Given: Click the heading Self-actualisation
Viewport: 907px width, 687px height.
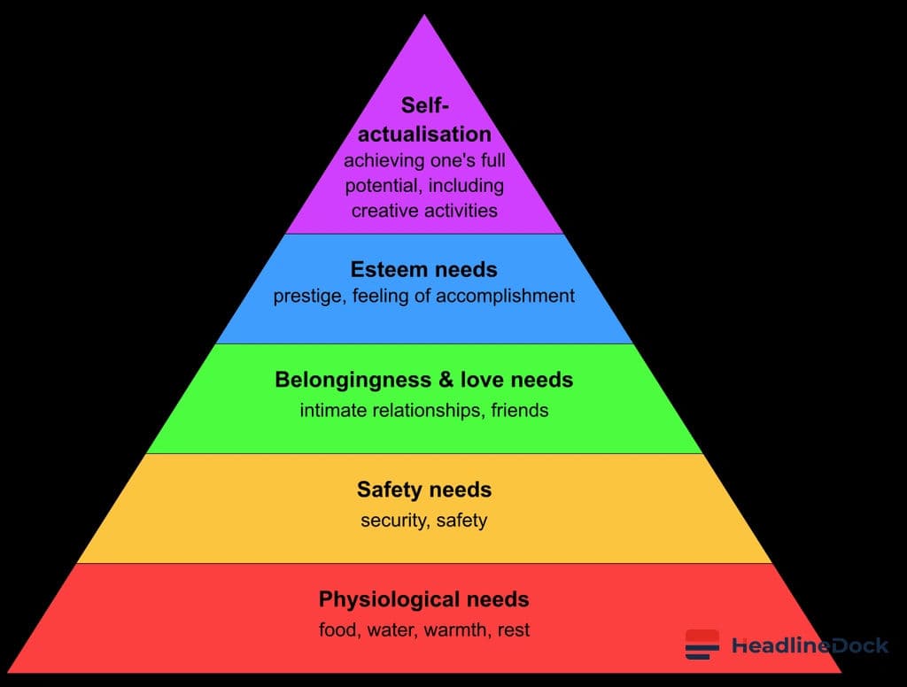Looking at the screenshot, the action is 424,120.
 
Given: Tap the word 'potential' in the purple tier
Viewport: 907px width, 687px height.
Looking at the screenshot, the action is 382,186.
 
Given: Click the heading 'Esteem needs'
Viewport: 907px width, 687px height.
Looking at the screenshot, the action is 424,269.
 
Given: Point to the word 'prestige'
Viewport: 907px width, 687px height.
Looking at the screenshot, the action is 307,297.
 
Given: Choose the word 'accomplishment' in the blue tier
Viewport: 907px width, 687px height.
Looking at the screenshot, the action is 505,296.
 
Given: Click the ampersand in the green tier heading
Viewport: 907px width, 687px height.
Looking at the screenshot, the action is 446,380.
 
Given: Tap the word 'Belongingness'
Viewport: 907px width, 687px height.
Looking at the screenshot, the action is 353,381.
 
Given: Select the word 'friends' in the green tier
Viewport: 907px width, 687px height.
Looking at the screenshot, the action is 519,410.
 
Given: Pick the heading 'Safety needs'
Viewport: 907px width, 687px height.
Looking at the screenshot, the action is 424,490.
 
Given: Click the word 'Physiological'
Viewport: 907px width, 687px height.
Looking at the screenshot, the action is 390,599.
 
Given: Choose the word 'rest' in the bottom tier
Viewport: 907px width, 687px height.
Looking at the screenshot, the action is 514,630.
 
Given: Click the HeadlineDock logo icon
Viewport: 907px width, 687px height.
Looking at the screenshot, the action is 702,645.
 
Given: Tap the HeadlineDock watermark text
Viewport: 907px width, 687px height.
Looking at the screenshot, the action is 810,645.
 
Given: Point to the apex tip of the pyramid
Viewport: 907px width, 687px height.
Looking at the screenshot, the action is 424,15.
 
